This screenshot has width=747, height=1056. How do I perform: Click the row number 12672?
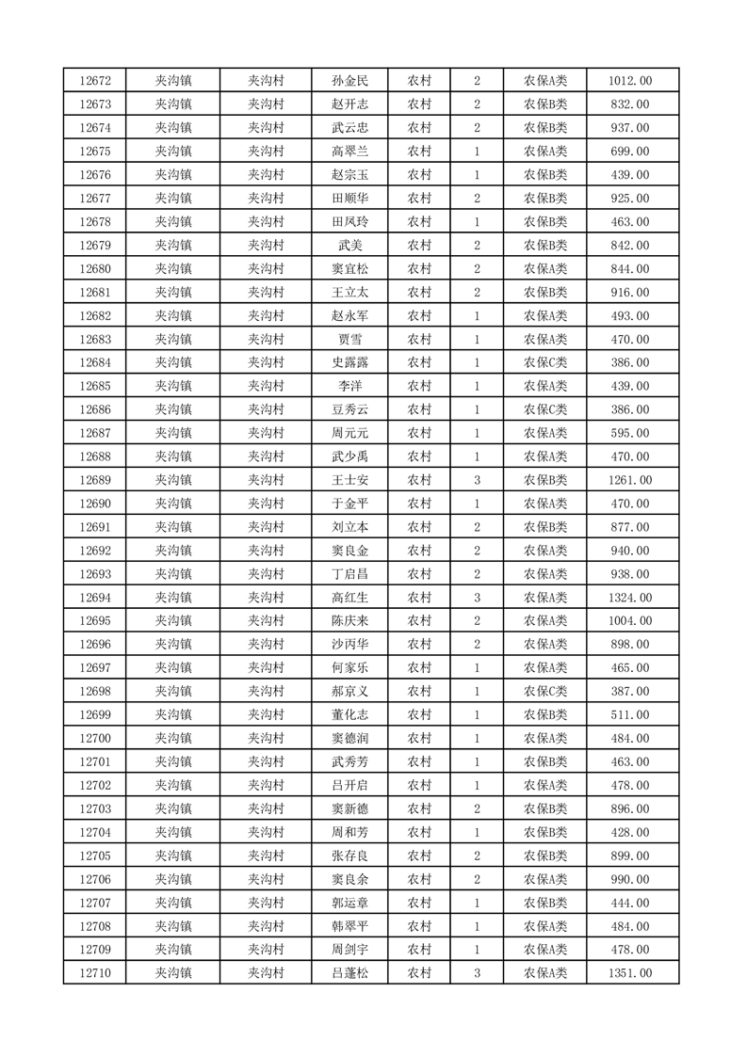(95, 81)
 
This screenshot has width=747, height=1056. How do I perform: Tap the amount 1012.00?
(631, 81)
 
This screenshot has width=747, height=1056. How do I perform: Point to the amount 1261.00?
(631, 480)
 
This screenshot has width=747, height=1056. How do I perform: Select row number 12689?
(95, 480)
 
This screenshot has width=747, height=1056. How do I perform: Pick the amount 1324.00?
(631, 598)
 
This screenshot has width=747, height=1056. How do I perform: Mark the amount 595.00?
(631, 433)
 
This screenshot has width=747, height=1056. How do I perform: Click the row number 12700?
(95, 738)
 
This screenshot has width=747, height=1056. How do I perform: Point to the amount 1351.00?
(631, 973)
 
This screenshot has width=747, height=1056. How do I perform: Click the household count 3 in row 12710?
(477, 973)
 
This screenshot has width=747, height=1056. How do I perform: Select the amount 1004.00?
(631, 621)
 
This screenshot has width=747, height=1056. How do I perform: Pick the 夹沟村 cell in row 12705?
(266, 856)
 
